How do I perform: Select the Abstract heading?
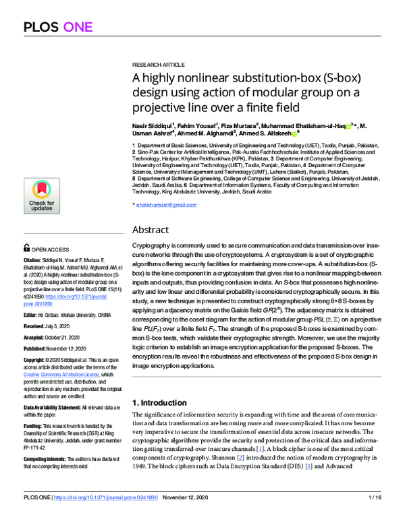[x=150, y=229]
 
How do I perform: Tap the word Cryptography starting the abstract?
[x=151, y=247]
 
